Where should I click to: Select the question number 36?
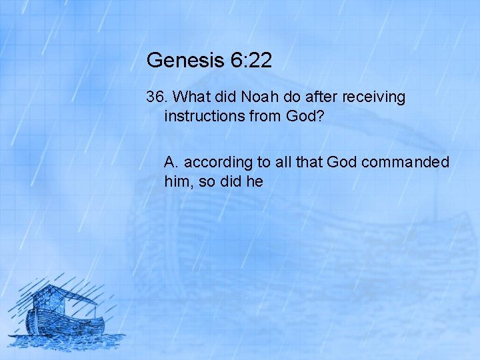coord(157,97)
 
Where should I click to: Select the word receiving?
coord(375,98)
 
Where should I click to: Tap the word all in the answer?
coord(281,162)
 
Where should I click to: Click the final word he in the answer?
coord(255,181)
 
